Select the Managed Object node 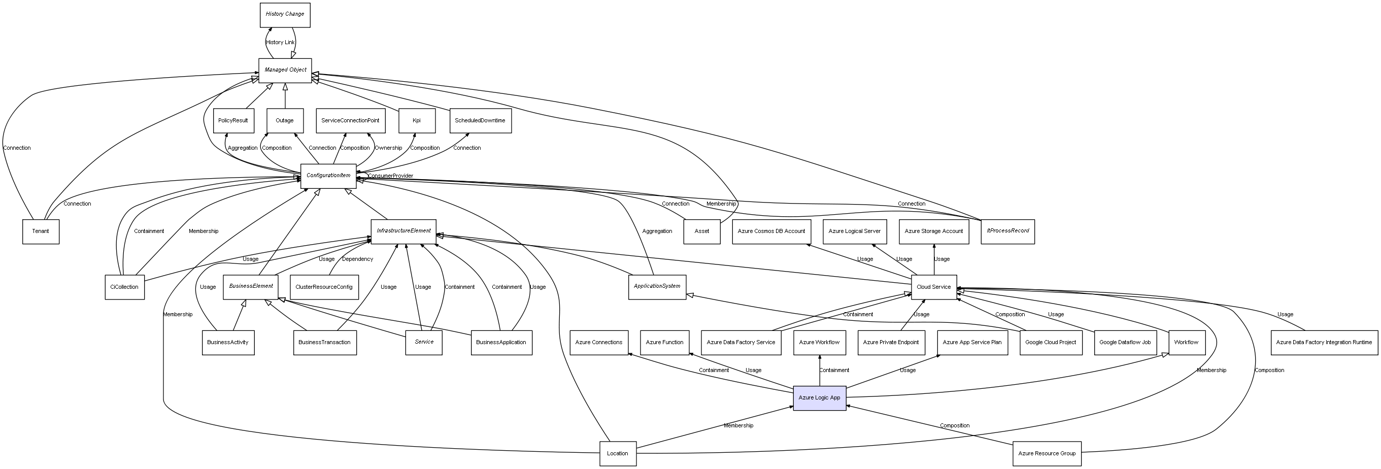285,70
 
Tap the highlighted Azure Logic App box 819,398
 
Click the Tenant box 41,231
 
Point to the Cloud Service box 933,287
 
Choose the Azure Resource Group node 1047,453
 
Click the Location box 618,453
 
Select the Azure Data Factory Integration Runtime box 1324,342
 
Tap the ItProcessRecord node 1007,231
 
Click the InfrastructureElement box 403,231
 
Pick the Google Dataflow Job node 1125,342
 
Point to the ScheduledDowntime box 480,121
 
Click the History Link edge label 280,42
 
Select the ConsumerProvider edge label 390,176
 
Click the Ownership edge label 388,148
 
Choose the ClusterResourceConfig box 324,287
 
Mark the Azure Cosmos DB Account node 771,231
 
